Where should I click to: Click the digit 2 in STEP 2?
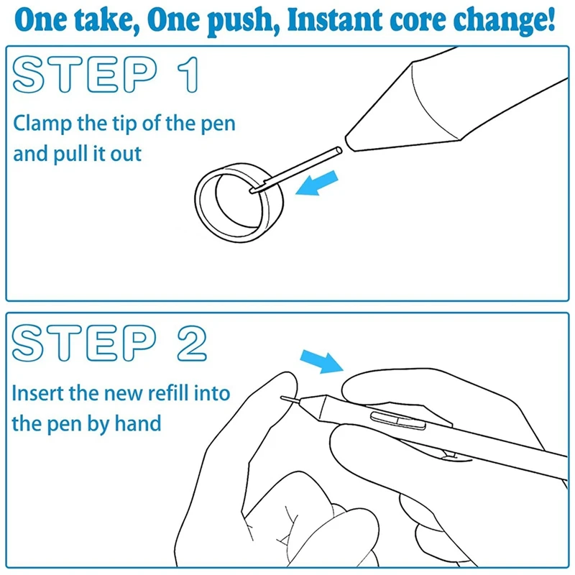(192, 344)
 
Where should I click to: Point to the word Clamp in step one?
(42, 124)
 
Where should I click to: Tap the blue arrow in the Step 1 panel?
(316, 183)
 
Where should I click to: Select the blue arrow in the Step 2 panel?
(322, 362)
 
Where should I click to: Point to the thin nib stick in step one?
(295, 170)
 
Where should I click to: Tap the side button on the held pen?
(398, 420)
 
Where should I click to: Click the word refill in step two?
(169, 392)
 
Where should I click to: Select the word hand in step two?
(138, 423)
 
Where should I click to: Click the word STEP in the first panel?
(85, 75)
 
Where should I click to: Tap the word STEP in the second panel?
(84, 344)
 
